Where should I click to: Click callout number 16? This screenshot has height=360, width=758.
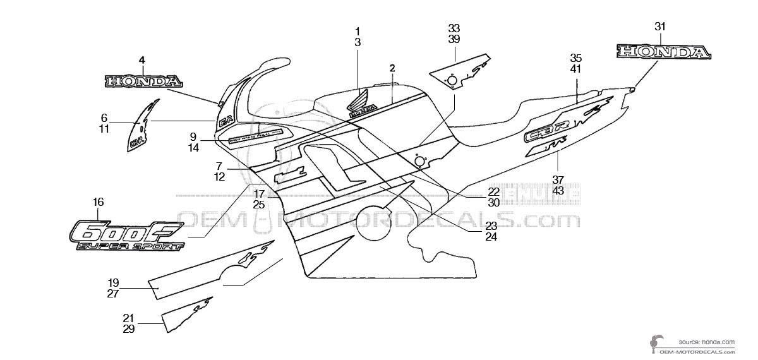(x=98, y=203)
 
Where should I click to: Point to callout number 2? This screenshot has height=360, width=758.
(x=392, y=68)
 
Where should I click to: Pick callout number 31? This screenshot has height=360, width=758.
(x=660, y=26)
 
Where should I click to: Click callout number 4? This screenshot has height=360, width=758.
(x=142, y=60)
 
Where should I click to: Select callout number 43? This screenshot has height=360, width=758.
(x=558, y=190)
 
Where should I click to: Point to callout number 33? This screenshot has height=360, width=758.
(x=454, y=28)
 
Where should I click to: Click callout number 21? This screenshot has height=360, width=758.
(x=129, y=318)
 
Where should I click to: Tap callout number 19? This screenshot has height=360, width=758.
(x=113, y=282)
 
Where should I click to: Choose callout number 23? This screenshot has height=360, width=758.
(x=491, y=226)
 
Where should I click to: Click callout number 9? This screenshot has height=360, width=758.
(x=193, y=136)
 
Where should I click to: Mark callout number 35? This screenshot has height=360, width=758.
(x=575, y=57)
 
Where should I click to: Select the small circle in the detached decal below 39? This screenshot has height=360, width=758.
(x=452, y=80)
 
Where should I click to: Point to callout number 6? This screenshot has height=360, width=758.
(x=104, y=117)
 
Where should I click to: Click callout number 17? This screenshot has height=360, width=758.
(x=259, y=193)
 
